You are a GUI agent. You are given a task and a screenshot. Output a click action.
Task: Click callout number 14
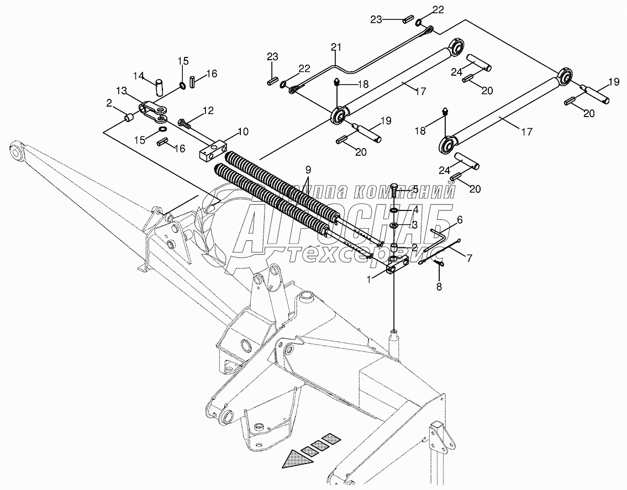coord(139,75)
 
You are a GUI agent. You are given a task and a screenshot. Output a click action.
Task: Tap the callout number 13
coord(121,90)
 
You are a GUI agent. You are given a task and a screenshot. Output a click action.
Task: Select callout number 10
coord(243,131)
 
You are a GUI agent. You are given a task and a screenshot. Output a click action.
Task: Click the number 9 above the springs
coord(308,168)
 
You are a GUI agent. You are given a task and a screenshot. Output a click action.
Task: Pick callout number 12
coord(208,110)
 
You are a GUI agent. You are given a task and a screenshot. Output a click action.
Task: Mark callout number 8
coord(439,286)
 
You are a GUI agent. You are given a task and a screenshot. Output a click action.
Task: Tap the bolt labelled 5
coord(393,190)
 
